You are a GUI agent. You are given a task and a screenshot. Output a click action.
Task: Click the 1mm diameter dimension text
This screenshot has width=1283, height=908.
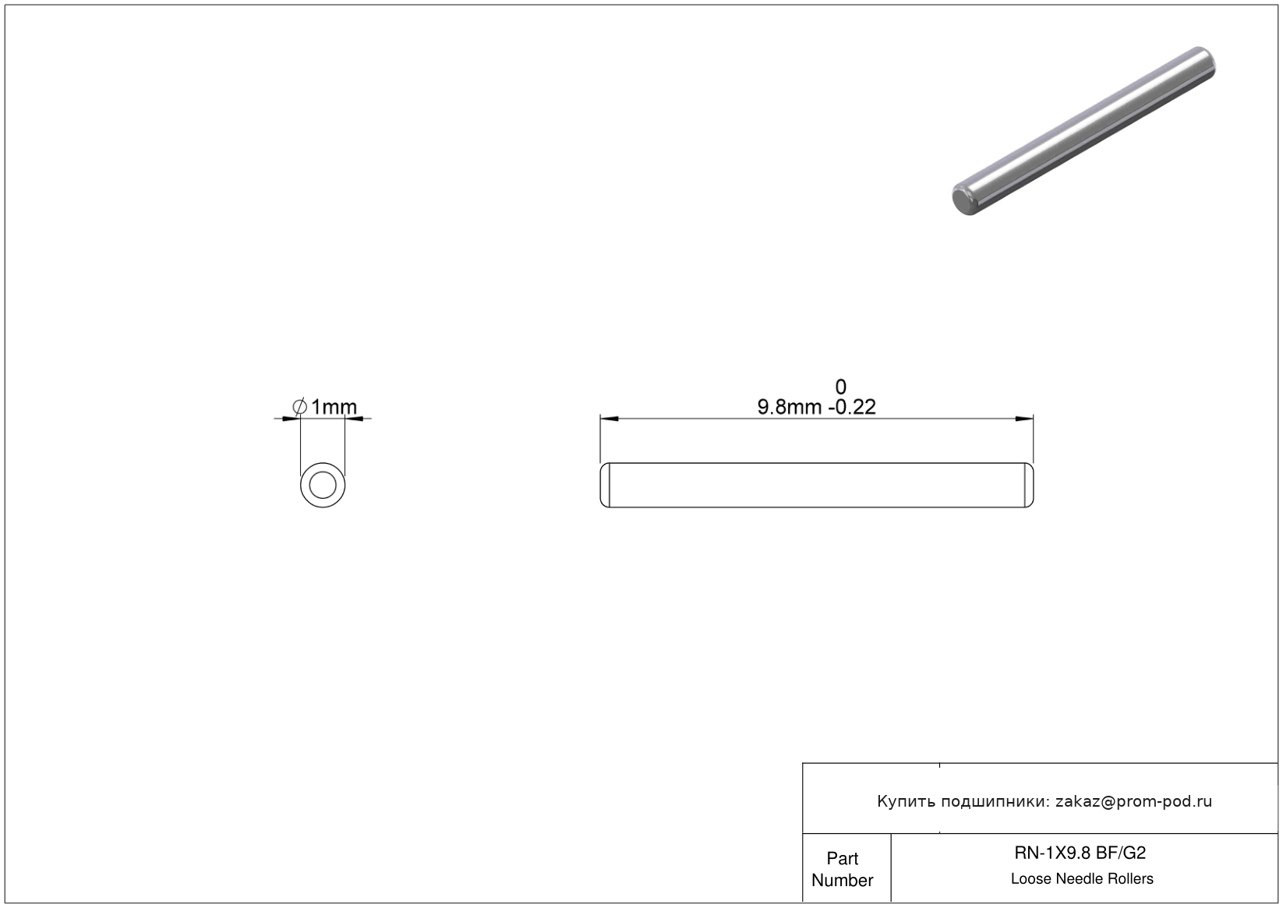[334, 407]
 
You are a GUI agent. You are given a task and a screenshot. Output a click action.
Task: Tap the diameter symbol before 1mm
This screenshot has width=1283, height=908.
[299, 407]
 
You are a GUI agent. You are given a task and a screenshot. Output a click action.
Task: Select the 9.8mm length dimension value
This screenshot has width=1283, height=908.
[790, 407]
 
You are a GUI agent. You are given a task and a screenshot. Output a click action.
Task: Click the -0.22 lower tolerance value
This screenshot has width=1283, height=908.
[852, 407]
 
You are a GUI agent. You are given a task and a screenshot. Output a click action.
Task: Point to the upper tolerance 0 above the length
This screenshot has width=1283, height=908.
[841, 387]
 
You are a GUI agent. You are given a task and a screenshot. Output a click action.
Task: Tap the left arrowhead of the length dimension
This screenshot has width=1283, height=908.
[610, 419]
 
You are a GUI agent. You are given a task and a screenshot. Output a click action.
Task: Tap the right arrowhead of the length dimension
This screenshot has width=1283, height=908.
[1024, 419]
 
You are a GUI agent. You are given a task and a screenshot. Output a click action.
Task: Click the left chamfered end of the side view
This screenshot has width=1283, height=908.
[604, 486]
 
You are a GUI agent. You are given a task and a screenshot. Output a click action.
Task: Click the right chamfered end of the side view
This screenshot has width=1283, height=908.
[1029, 486]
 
